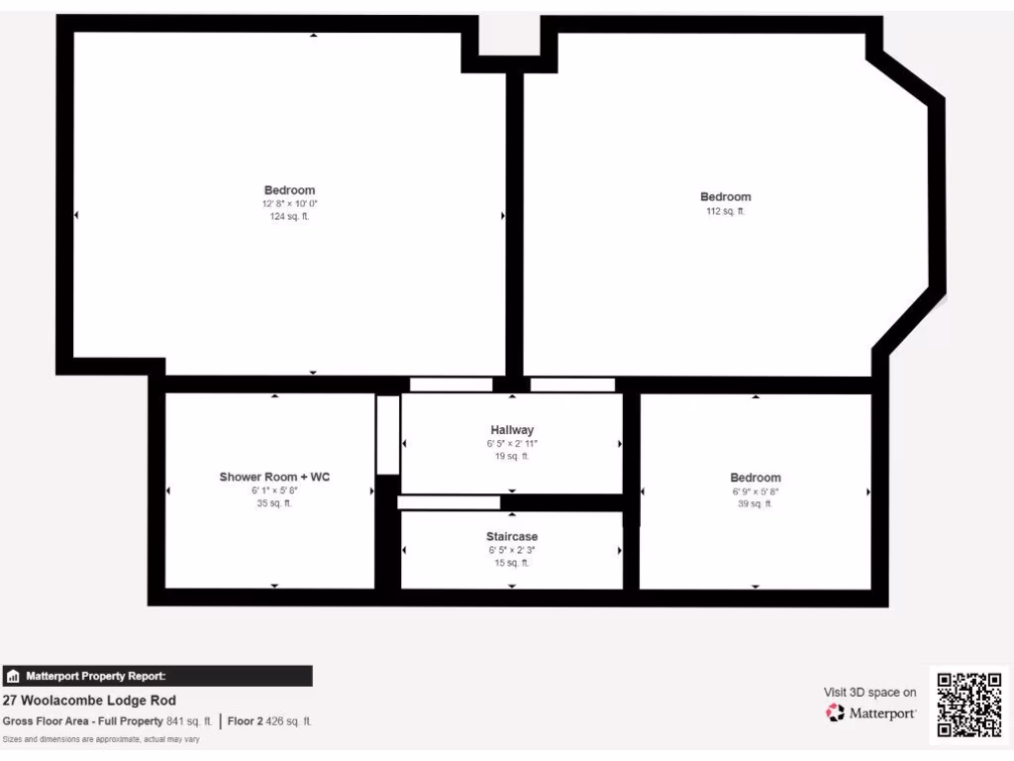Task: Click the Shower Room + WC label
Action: point(274,477)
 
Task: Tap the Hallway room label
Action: point(512,430)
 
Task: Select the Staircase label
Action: point(512,536)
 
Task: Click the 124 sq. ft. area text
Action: point(289,216)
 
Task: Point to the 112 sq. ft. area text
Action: point(725,210)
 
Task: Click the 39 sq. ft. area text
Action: point(755,503)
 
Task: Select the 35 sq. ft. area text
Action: point(274,503)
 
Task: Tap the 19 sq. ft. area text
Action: point(512,457)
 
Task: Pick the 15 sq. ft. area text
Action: point(512,563)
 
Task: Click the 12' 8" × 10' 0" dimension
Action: point(289,203)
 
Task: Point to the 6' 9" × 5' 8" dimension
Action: point(755,490)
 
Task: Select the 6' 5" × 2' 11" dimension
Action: point(512,444)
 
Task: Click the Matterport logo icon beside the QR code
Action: point(836,712)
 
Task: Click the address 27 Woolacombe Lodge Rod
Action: point(90,701)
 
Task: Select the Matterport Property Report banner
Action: point(157,676)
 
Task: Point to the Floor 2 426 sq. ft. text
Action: point(269,721)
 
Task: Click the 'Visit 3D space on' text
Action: point(869,693)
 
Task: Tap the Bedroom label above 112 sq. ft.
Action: point(725,196)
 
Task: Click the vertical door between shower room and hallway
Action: point(388,434)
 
